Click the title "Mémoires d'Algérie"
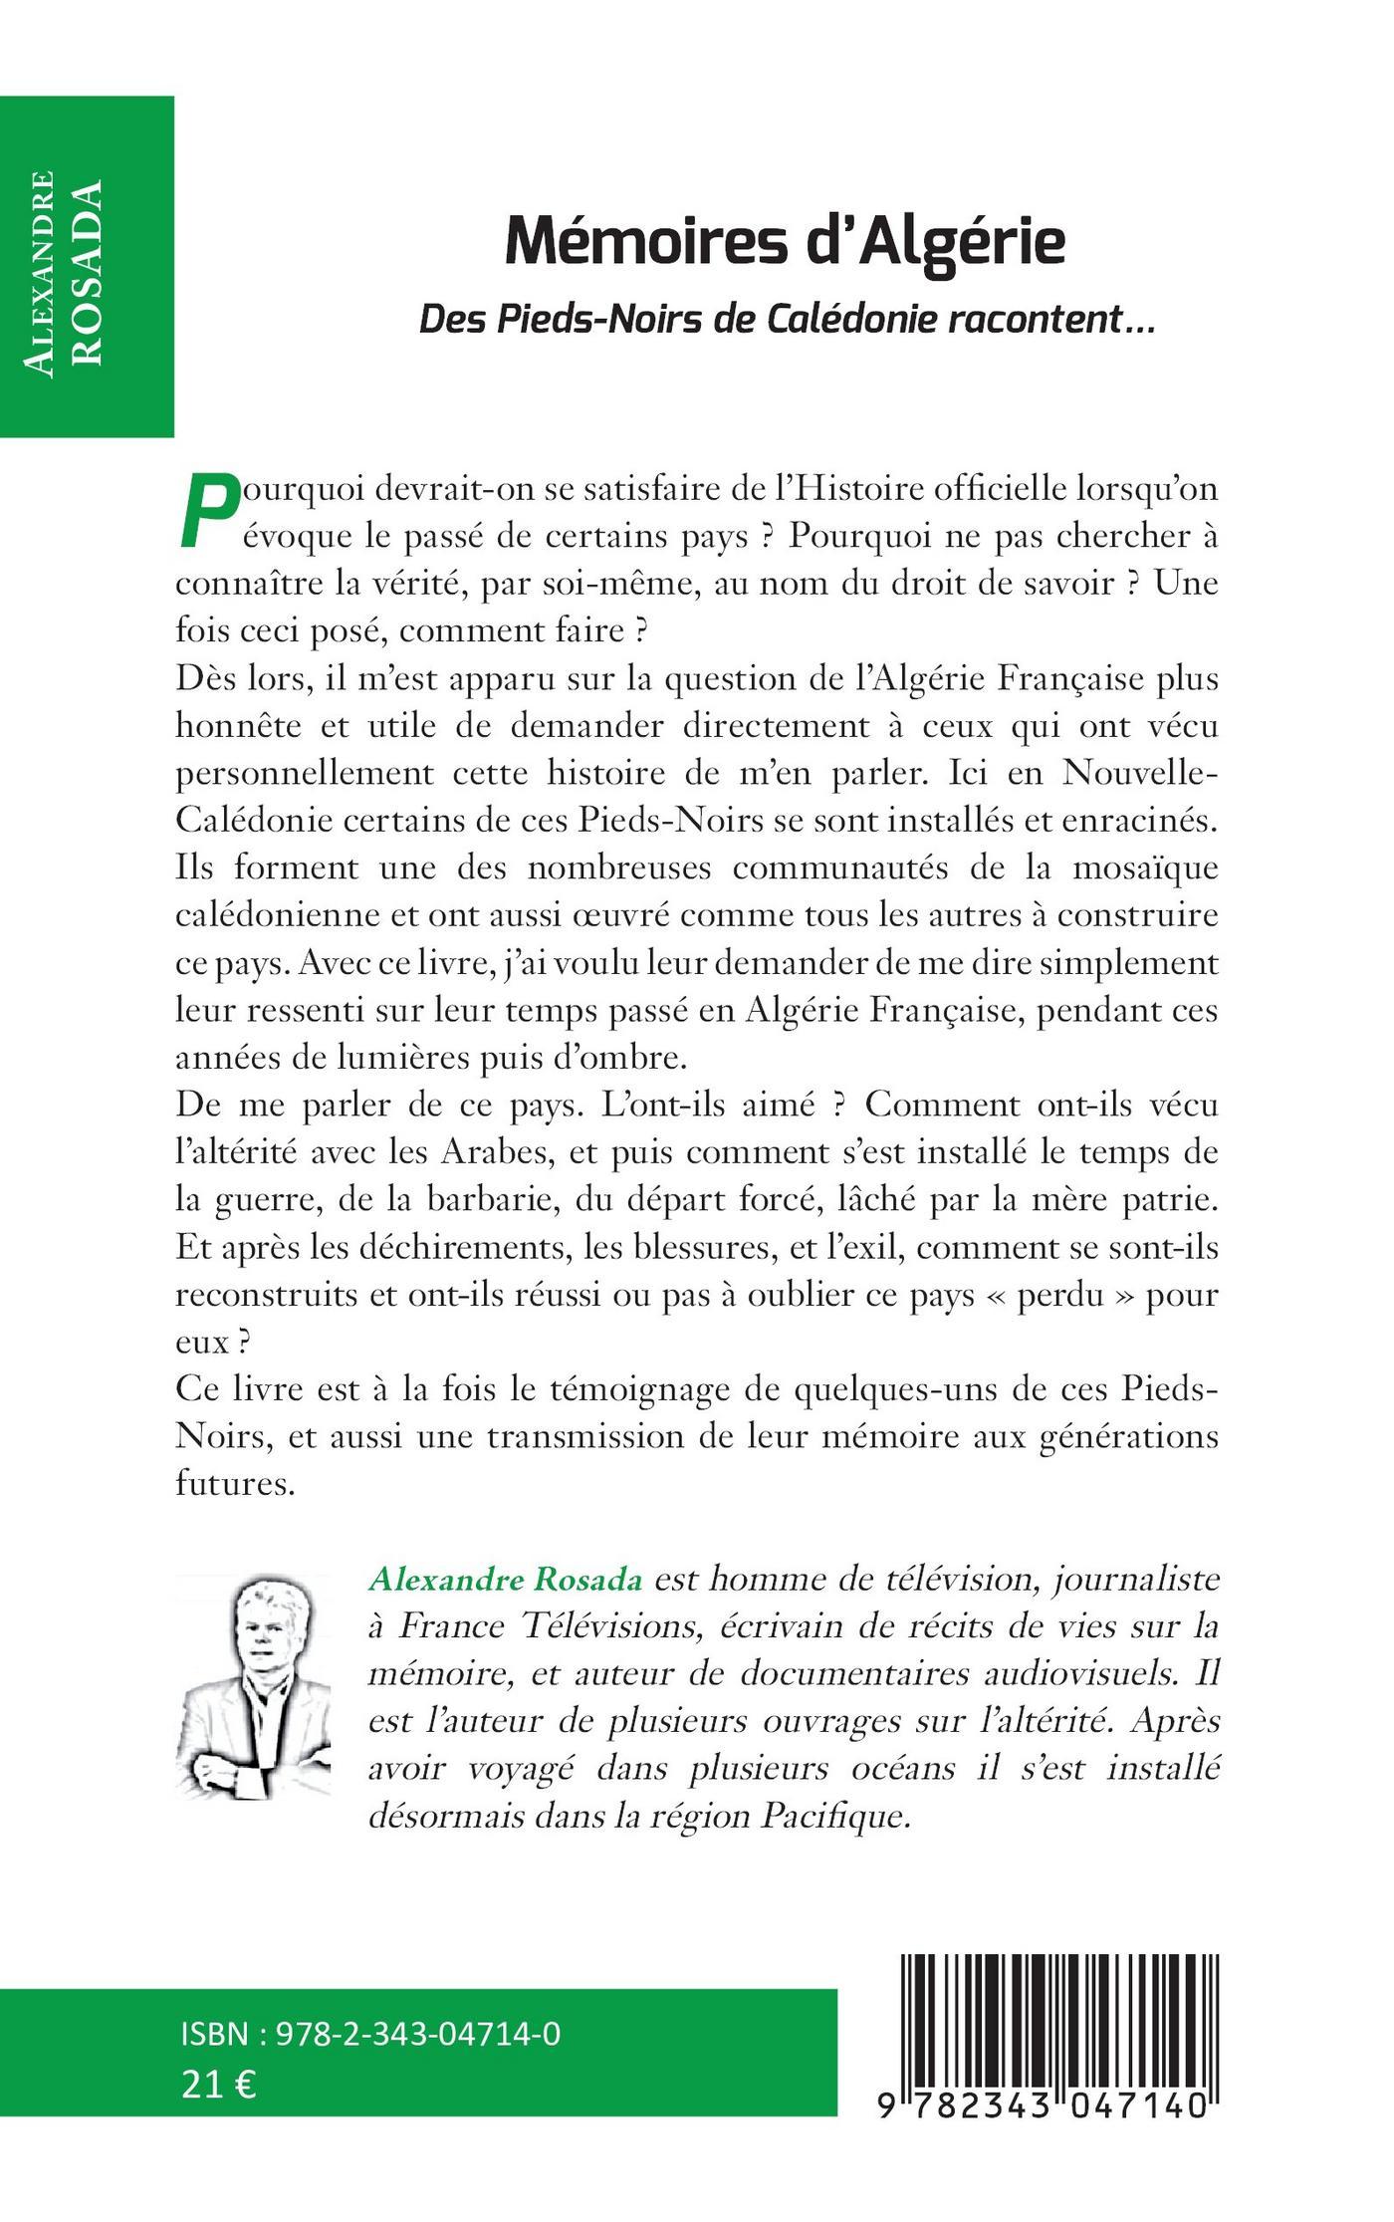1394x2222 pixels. click(785, 241)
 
